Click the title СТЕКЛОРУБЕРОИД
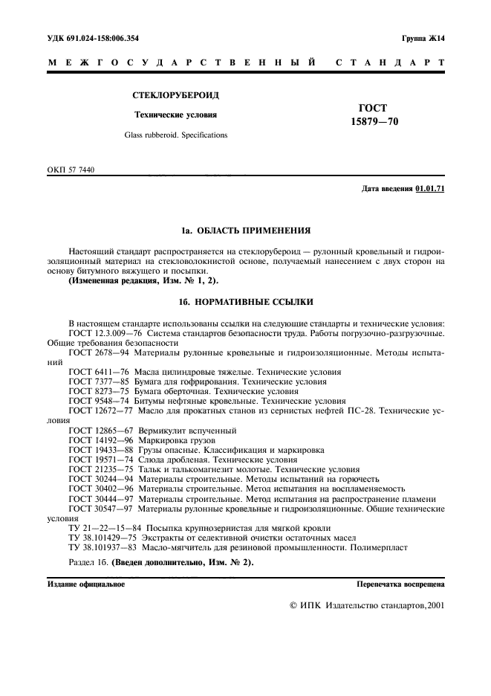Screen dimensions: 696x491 tap(176, 96)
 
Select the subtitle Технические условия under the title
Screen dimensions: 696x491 tap(175, 115)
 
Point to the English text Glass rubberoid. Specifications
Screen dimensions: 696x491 tap(176, 135)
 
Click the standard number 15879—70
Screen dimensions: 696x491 tap(374, 123)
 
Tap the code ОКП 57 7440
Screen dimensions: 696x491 tap(71, 170)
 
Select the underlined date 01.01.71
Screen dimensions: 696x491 tap(430, 189)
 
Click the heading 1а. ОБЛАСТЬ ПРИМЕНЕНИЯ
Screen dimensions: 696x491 tap(245, 231)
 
